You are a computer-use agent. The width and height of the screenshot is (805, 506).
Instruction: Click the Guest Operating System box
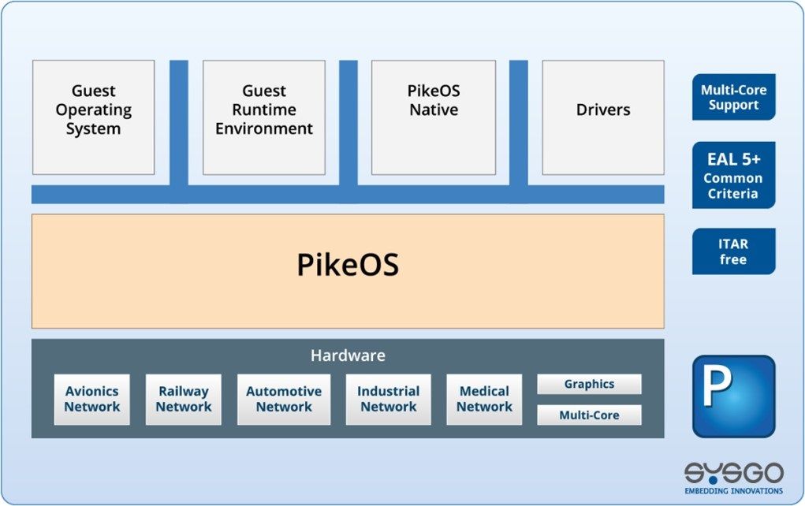pyautogui.click(x=93, y=117)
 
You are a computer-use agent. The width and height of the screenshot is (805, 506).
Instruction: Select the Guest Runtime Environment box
pyautogui.click(x=264, y=117)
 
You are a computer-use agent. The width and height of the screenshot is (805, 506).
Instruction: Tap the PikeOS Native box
pyautogui.click(x=434, y=117)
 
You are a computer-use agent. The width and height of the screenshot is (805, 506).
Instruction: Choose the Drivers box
pyautogui.click(x=603, y=117)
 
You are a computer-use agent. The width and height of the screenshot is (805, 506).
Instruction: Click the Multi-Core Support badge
pyautogui.click(x=733, y=98)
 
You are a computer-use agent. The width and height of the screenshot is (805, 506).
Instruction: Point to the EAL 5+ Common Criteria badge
pyautogui.click(x=733, y=175)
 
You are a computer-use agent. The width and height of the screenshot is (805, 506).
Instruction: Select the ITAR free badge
pyautogui.click(x=733, y=251)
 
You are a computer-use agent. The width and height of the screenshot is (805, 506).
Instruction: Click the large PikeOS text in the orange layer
pyautogui.click(x=348, y=266)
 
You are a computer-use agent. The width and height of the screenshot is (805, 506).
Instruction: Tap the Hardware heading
pyautogui.click(x=348, y=355)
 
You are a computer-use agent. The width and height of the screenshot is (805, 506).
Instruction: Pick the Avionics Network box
pyautogui.click(x=92, y=399)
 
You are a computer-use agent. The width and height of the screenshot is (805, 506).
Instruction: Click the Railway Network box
pyautogui.click(x=184, y=399)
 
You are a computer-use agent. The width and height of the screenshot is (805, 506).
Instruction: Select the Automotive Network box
pyautogui.click(x=284, y=399)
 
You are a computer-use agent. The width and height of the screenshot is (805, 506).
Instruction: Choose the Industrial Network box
pyautogui.click(x=388, y=399)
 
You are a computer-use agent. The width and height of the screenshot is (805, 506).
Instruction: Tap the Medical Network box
pyautogui.click(x=484, y=399)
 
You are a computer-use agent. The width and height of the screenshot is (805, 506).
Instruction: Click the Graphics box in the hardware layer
pyautogui.click(x=589, y=385)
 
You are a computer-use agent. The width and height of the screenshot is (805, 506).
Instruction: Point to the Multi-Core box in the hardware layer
pyautogui.click(x=589, y=415)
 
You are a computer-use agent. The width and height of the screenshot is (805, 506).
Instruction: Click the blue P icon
pyautogui.click(x=733, y=396)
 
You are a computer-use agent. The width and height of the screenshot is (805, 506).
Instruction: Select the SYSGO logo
pyautogui.click(x=733, y=478)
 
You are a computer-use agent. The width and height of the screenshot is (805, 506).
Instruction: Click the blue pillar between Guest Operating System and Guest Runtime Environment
pyautogui.click(x=179, y=122)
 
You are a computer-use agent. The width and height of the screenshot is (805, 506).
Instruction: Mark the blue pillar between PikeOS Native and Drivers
pyautogui.click(x=519, y=122)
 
